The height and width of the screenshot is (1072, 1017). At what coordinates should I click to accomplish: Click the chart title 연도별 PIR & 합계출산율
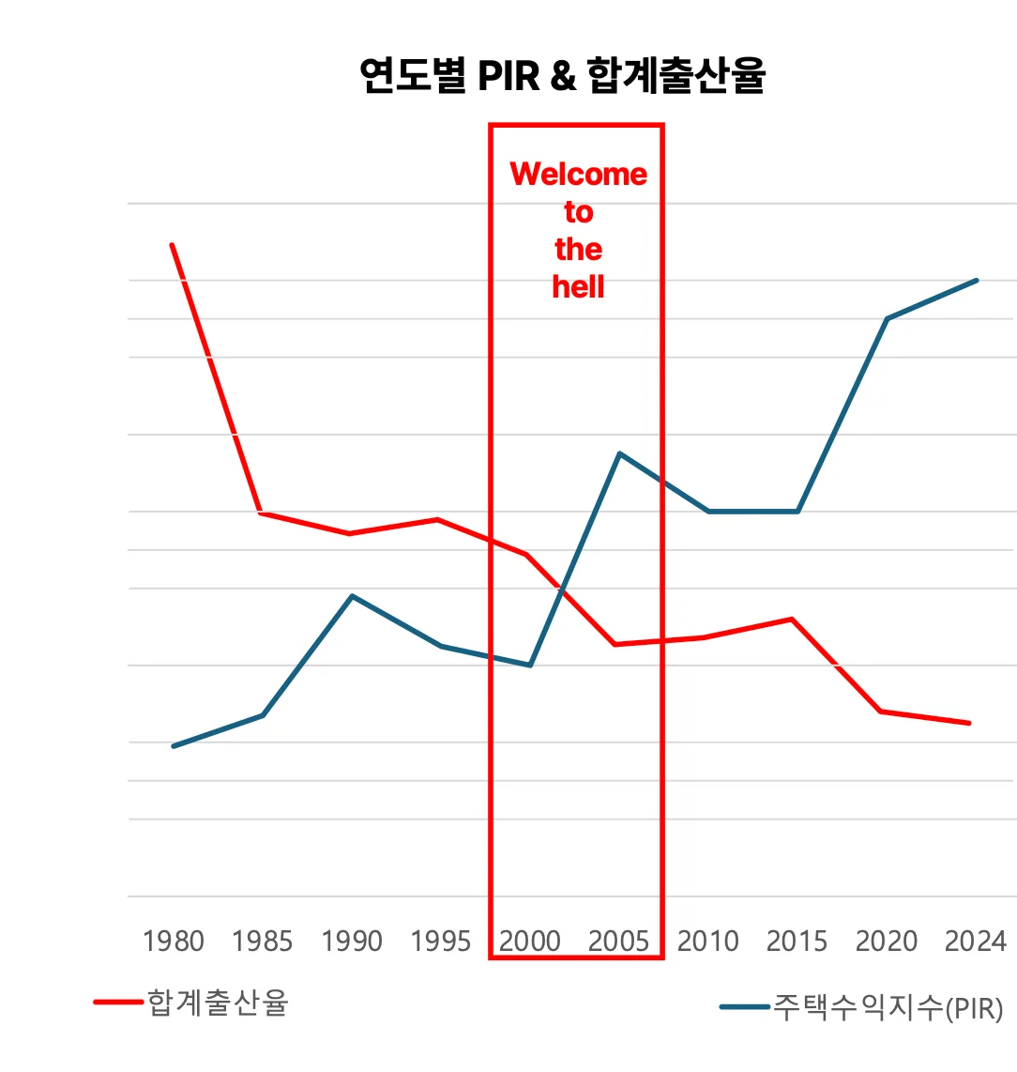point(562,75)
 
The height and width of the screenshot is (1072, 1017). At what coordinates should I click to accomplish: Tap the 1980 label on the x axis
point(174,941)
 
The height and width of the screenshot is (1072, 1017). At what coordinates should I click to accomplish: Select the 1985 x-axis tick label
point(263,941)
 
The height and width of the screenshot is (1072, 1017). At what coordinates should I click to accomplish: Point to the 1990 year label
point(352,941)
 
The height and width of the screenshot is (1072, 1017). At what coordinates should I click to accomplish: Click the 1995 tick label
point(441,941)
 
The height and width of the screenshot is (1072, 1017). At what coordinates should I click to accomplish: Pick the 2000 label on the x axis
point(530,941)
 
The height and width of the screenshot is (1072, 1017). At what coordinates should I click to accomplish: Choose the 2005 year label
point(619,941)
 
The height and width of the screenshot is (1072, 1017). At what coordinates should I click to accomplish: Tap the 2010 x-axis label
point(708,941)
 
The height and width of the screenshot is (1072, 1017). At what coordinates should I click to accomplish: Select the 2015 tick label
point(797,941)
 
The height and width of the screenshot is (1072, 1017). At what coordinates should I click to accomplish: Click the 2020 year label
point(887,941)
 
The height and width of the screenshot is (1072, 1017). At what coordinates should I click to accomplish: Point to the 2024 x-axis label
point(976,941)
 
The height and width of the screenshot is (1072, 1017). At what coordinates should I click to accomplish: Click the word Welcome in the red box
point(579,174)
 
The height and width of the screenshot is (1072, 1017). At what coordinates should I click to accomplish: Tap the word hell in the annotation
point(579,286)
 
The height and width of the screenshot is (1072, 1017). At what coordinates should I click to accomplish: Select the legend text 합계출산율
point(218,1003)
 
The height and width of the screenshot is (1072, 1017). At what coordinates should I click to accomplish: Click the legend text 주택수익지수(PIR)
point(888,1008)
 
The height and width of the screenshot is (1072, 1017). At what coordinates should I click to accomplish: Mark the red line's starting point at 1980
point(172,245)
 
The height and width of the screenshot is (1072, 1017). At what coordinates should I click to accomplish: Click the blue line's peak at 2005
point(619,453)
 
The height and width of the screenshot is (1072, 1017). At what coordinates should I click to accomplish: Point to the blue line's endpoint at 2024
point(977,280)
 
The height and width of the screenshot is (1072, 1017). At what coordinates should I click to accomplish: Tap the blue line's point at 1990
point(352,596)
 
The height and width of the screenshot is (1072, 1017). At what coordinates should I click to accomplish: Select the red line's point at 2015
point(792,620)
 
